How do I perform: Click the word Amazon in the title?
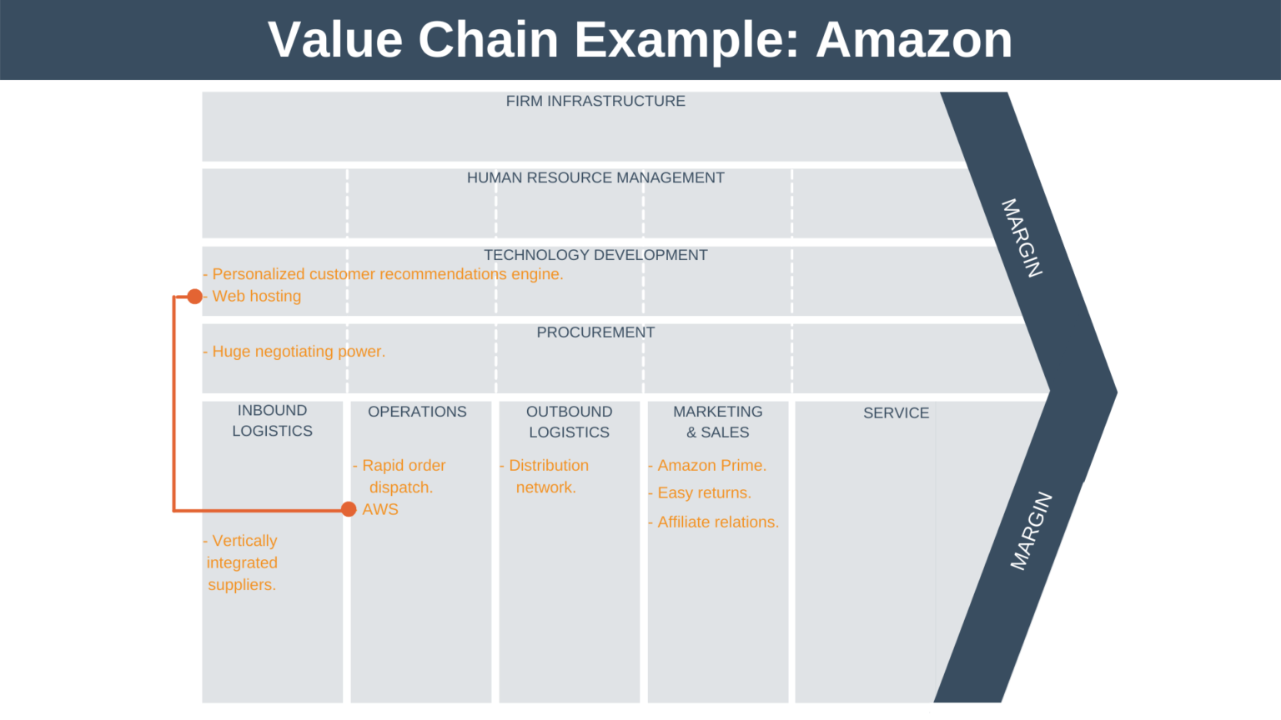click(913, 39)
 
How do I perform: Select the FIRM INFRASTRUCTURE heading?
click(595, 101)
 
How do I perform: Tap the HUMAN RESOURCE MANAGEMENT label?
click(595, 177)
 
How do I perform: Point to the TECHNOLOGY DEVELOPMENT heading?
click(595, 255)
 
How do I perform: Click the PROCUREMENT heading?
click(595, 332)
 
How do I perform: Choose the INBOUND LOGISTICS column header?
click(272, 421)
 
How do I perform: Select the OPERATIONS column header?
click(417, 412)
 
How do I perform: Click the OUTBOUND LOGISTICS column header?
click(569, 422)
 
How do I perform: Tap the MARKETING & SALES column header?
click(717, 422)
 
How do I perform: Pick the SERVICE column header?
click(896, 412)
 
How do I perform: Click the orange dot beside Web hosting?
click(194, 297)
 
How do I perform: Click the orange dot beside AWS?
click(349, 509)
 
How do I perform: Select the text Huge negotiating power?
click(298, 352)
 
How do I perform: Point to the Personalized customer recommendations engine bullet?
click(387, 274)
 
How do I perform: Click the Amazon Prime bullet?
click(711, 466)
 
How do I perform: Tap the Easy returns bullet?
click(703, 493)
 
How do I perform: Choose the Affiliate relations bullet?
click(717, 522)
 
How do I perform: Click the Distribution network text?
click(547, 477)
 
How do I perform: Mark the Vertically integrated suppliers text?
click(242, 563)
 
